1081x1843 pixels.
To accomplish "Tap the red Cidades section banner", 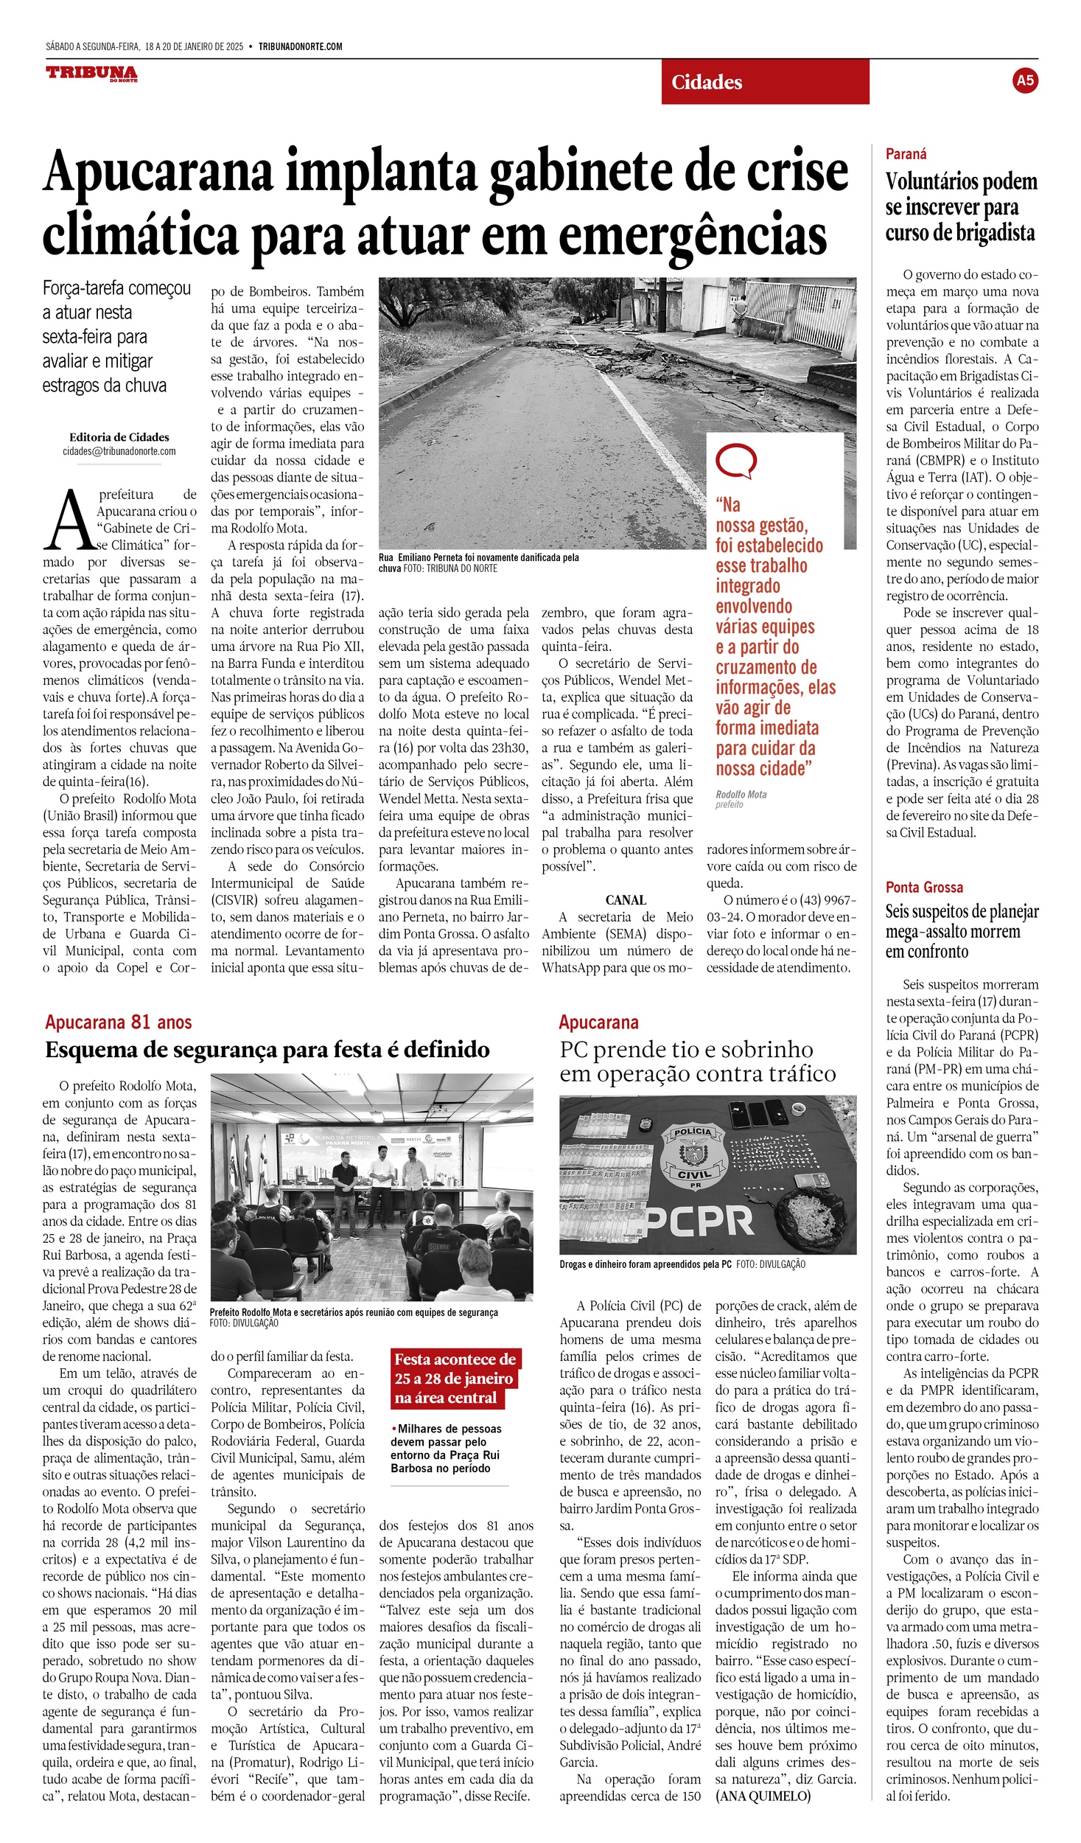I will [x=765, y=82].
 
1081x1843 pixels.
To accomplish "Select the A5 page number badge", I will [x=1024, y=80].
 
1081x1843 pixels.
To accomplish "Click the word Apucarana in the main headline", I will [x=158, y=172].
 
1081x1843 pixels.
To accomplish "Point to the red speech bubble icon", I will [x=735, y=462].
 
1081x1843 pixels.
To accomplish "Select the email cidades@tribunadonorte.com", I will [x=119, y=451].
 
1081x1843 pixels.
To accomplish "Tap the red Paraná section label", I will [x=906, y=154].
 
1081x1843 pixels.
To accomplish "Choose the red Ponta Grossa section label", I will [x=924, y=887].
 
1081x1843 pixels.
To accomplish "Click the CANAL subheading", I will [x=626, y=900].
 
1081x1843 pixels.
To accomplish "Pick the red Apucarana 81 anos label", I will [x=119, y=1022].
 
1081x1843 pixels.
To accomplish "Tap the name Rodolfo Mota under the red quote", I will [x=741, y=794].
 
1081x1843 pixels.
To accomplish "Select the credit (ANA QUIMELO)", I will [x=763, y=1796].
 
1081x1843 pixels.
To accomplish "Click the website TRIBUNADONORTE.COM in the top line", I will [x=300, y=46].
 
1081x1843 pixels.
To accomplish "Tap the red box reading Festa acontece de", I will [x=455, y=1359].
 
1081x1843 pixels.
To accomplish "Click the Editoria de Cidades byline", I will [x=119, y=437].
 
